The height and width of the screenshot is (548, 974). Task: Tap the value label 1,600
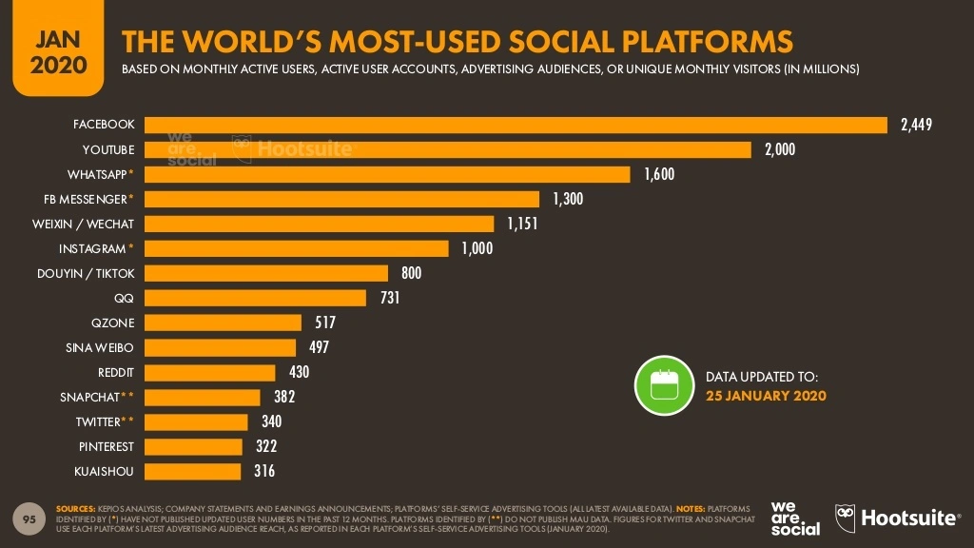(x=658, y=174)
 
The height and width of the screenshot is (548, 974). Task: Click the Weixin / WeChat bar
(x=319, y=224)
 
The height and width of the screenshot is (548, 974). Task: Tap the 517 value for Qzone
(x=325, y=323)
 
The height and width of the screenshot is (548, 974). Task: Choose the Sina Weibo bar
(x=220, y=347)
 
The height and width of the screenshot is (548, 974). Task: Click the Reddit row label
(x=116, y=372)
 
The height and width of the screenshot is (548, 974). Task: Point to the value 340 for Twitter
(x=271, y=421)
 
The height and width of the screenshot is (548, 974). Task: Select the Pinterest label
(x=107, y=446)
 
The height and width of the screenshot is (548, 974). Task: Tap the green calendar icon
(x=663, y=385)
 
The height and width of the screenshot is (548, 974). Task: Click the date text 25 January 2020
(x=766, y=396)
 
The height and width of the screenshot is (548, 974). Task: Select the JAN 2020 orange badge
(x=57, y=51)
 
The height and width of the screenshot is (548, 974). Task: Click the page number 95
(x=29, y=519)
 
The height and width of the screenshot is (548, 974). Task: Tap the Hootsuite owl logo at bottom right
(x=846, y=518)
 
